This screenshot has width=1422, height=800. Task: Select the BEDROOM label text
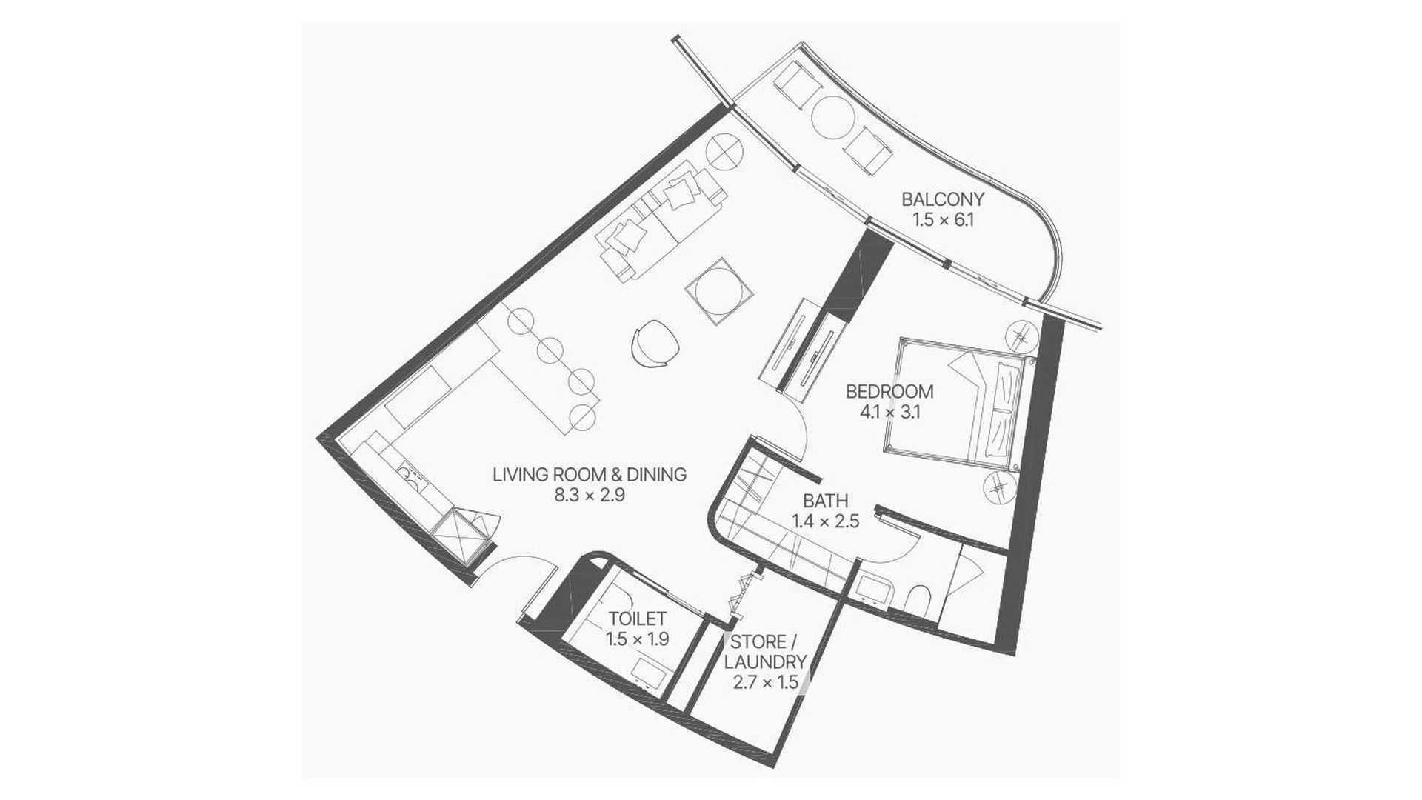point(889,391)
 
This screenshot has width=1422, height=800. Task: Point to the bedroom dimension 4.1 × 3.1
point(889,413)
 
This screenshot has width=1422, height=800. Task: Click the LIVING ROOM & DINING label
point(590,474)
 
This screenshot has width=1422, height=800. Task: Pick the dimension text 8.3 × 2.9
point(590,496)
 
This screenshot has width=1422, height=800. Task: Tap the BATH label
point(826,501)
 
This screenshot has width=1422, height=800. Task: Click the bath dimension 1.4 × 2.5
point(826,521)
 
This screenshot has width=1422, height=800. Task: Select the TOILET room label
point(638,618)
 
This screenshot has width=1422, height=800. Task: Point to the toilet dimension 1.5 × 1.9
point(638,639)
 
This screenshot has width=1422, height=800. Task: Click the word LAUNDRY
point(766,661)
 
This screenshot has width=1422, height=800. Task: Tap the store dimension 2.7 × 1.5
point(766,682)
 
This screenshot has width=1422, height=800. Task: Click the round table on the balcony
point(834,116)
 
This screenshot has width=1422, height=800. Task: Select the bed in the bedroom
point(959,404)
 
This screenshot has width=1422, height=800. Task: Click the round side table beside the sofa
point(724,152)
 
